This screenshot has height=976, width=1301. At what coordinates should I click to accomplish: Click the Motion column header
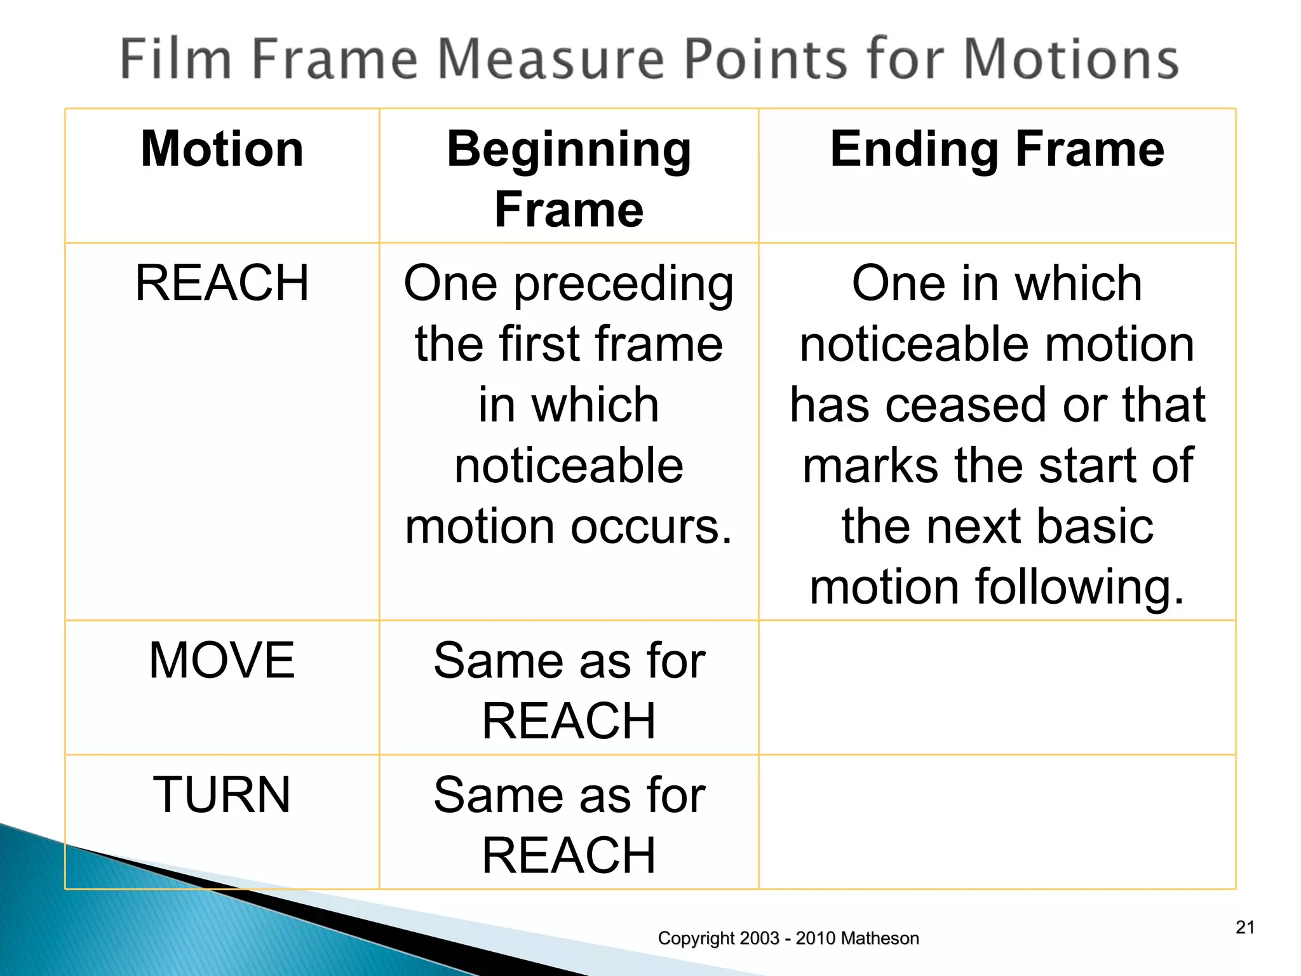222,149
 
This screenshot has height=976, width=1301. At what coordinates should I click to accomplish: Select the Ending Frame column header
997,149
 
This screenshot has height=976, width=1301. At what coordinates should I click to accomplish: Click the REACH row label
222,283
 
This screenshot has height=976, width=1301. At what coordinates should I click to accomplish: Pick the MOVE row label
222,661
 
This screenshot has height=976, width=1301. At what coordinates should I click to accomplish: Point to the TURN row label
222,795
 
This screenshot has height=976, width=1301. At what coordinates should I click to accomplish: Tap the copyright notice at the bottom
788,939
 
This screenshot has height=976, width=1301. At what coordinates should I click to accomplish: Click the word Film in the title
175,59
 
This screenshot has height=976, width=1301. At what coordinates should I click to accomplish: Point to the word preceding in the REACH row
623,285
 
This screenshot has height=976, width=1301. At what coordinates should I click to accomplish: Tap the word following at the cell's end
1079,587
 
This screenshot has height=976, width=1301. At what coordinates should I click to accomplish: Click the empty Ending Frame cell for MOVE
997,688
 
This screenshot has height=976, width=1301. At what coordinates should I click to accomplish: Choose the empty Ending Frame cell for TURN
997,822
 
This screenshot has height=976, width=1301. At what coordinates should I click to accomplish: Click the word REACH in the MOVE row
569,721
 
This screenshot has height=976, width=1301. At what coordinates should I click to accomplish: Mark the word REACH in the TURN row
569,856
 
